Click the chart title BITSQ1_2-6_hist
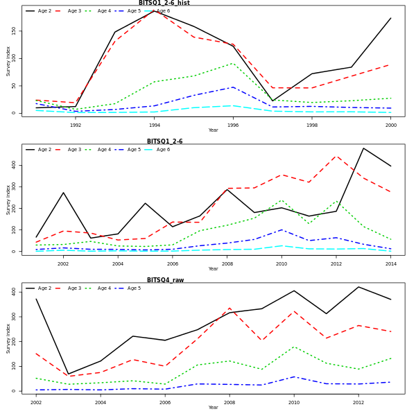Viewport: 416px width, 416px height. click(164, 3)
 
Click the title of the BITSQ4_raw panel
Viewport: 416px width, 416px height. click(164, 280)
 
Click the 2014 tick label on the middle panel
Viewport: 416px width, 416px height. click(391, 264)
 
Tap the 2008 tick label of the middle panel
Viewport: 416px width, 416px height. click(227, 264)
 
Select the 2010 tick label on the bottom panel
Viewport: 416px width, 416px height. click(294, 403)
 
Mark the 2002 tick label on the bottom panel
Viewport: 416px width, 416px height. click(36, 403)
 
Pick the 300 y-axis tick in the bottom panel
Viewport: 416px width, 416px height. click(15, 317)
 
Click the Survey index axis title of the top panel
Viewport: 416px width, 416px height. click(8, 61)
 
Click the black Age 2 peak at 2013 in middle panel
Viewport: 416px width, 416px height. click(363, 148)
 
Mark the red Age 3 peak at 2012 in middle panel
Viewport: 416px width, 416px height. click(336, 156)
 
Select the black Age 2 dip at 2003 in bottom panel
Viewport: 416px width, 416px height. click(68, 374)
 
